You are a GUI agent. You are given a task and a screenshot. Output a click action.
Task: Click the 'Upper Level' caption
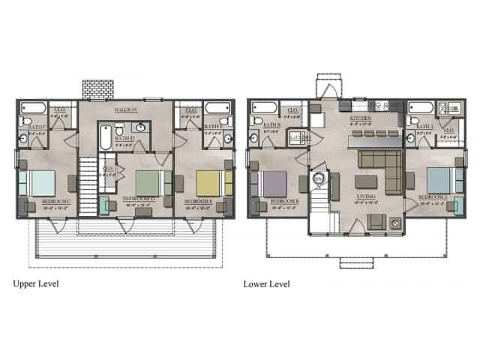click(36, 284)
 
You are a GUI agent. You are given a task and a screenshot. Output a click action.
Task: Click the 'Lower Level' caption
click(266, 284)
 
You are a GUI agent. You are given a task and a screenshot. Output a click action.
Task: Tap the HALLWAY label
click(126, 110)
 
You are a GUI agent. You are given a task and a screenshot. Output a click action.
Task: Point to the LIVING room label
click(364, 196)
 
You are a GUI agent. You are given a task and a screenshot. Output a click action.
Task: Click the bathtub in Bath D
click(103, 137)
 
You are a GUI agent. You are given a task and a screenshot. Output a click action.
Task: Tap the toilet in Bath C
click(25, 121)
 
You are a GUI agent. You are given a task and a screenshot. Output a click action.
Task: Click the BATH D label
click(125, 139)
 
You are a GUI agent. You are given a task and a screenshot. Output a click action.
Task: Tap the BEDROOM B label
click(285, 202)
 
